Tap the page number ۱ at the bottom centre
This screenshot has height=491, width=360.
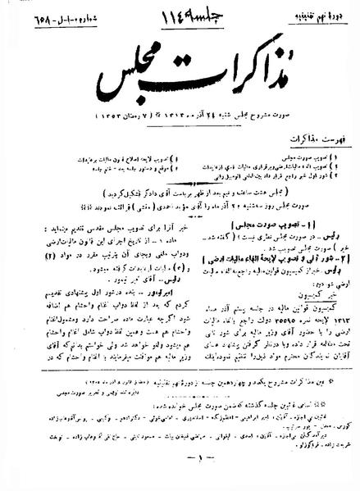(180, 477)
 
